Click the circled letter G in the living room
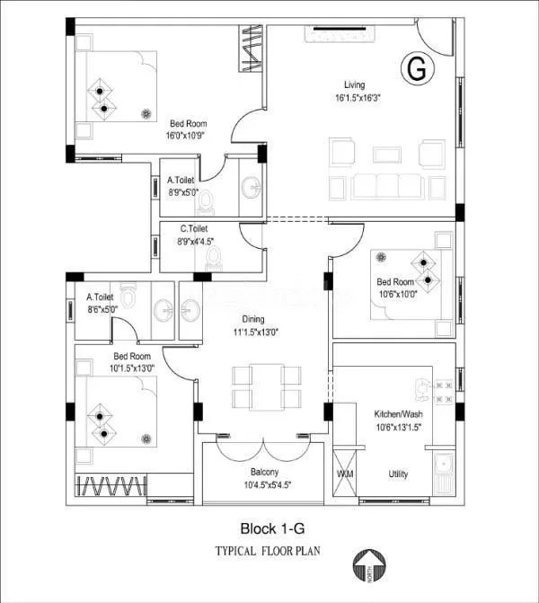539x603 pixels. tap(416, 68)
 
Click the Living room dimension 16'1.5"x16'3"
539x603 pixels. tap(358, 99)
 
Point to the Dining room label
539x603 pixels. tap(252, 318)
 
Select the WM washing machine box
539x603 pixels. tap(345, 474)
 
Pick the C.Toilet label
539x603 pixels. tap(194, 229)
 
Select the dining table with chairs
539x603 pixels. tap(260, 386)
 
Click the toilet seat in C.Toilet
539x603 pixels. tap(214, 259)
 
